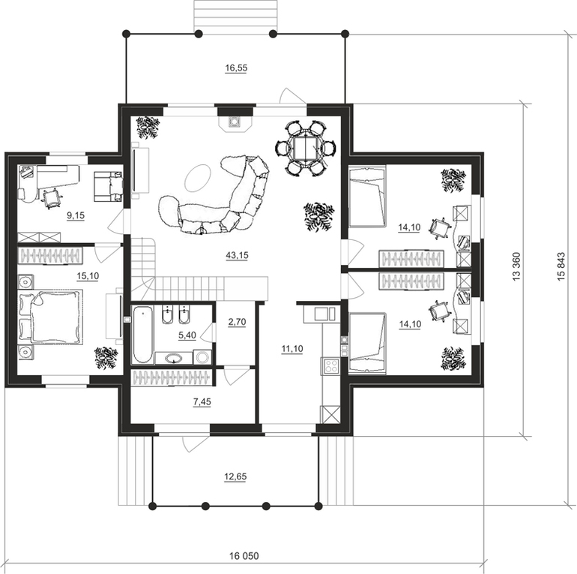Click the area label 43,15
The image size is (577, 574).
click(237, 255)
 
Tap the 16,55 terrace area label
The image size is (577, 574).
click(236, 68)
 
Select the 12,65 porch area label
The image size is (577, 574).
click(235, 476)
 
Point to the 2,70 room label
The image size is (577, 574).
click(237, 322)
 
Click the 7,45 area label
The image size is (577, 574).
click(202, 402)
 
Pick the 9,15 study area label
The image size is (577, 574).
click(76, 216)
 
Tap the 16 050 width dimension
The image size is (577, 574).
click(244, 555)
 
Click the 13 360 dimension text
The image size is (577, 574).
click(516, 266)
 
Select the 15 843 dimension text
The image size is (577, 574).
click(561, 266)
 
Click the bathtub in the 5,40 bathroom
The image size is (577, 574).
click(142, 335)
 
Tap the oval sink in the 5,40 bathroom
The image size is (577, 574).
click(173, 358)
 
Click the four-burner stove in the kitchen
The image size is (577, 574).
click(330, 365)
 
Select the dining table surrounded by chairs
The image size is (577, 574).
click(305, 148)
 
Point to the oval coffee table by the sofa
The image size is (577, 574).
click(198, 178)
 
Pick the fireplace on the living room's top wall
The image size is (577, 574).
click(234, 122)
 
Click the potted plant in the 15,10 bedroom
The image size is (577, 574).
click(106, 357)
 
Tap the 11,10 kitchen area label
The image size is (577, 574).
click(292, 348)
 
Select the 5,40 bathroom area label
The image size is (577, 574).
click(187, 335)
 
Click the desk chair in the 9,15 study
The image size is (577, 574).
click(52, 198)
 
